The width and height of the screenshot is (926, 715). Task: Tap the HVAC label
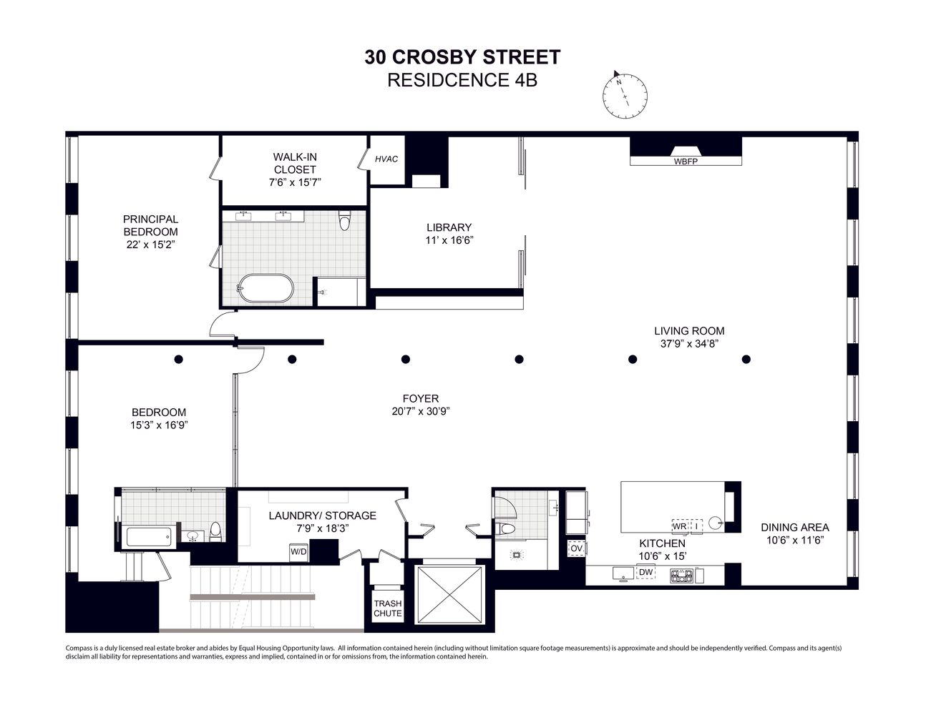point(386,159)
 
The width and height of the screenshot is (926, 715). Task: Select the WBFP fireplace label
point(685,162)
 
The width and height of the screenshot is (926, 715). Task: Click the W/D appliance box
point(298,551)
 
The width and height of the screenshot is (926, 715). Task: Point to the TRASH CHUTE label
point(388,608)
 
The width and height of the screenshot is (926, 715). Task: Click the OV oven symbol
point(576,548)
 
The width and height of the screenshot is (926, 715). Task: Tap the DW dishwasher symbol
point(645,572)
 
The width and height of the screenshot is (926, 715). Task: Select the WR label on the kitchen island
point(679,526)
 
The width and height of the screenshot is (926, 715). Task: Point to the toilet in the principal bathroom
point(344,222)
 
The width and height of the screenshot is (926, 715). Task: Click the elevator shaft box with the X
point(449,594)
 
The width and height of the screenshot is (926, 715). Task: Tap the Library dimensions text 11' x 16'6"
point(449,241)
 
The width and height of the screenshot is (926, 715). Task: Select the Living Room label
point(689,331)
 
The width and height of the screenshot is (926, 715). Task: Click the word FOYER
point(421,398)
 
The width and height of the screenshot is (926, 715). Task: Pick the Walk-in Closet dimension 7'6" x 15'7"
point(295,182)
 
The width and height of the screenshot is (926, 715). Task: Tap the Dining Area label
point(794,528)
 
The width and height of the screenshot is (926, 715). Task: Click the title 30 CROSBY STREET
point(462,57)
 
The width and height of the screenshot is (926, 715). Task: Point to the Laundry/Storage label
point(322,516)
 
